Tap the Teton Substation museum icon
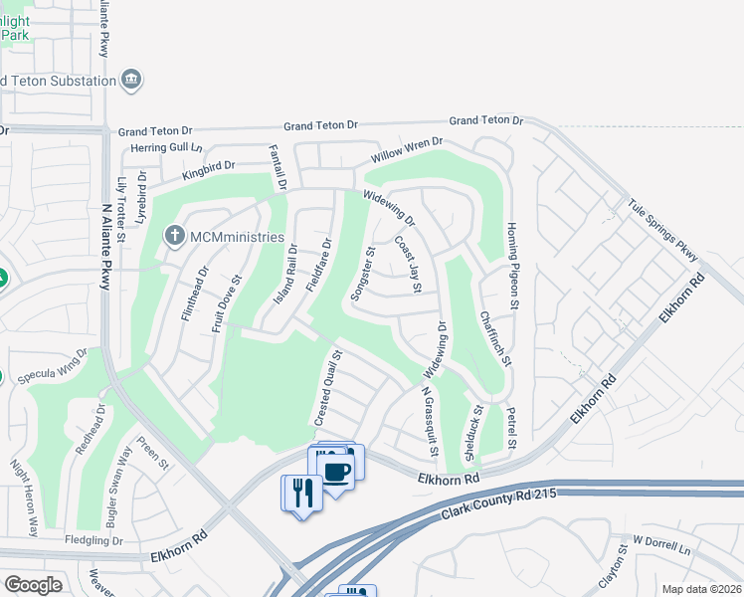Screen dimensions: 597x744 (x=131, y=79)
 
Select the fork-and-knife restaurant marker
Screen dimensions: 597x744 (x=302, y=492)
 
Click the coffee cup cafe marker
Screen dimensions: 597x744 (x=337, y=471)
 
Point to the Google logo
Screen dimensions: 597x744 (x=33, y=585)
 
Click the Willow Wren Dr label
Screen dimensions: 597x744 (x=407, y=151)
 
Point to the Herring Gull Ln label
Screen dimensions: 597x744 (x=167, y=149)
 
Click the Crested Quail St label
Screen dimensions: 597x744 (x=329, y=388)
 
